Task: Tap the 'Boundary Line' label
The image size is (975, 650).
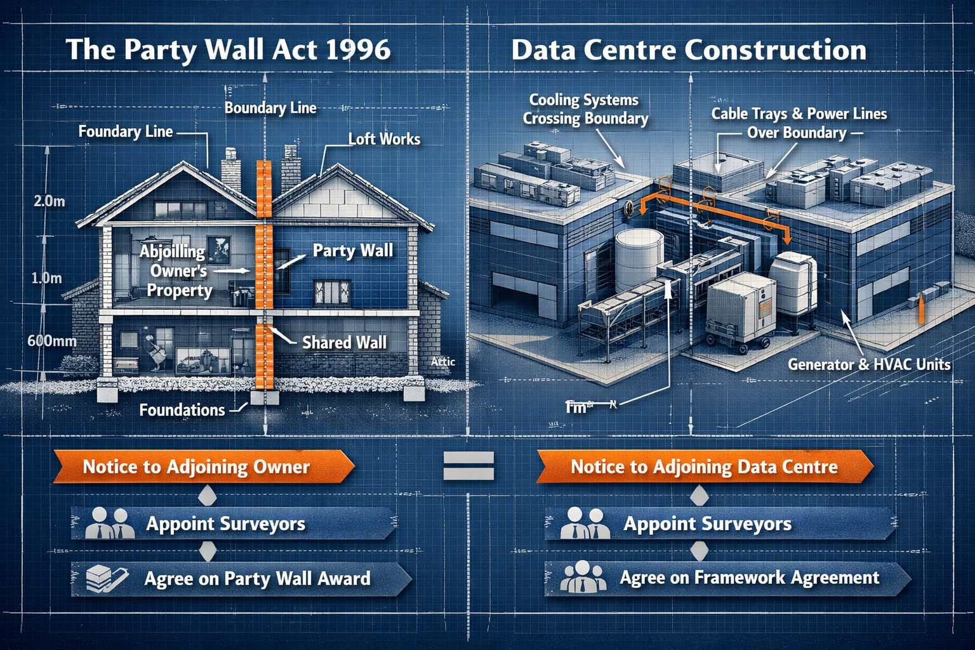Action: [270, 108]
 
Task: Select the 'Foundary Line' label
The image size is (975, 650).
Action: [125, 132]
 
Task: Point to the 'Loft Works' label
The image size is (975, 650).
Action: [384, 139]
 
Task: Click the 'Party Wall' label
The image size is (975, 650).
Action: [353, 251]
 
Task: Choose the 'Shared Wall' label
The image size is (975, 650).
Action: [344, 343]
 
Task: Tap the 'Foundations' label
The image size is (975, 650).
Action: [182, 410]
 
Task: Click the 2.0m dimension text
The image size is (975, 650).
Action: [49, 202]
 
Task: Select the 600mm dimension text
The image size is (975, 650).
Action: [51, 341]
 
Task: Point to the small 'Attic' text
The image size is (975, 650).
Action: [443, 362]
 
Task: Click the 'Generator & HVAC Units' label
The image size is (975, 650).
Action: [869, 364]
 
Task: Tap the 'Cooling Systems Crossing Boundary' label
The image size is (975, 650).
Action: [585, 109]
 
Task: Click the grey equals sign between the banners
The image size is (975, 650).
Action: [468, 467]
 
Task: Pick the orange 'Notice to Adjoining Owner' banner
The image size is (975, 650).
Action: [197, 467]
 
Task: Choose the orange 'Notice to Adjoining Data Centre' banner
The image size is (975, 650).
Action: [704, 467]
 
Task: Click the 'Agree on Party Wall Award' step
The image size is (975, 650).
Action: [257, 579]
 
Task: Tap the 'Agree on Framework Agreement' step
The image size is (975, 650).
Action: [749, 578]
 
